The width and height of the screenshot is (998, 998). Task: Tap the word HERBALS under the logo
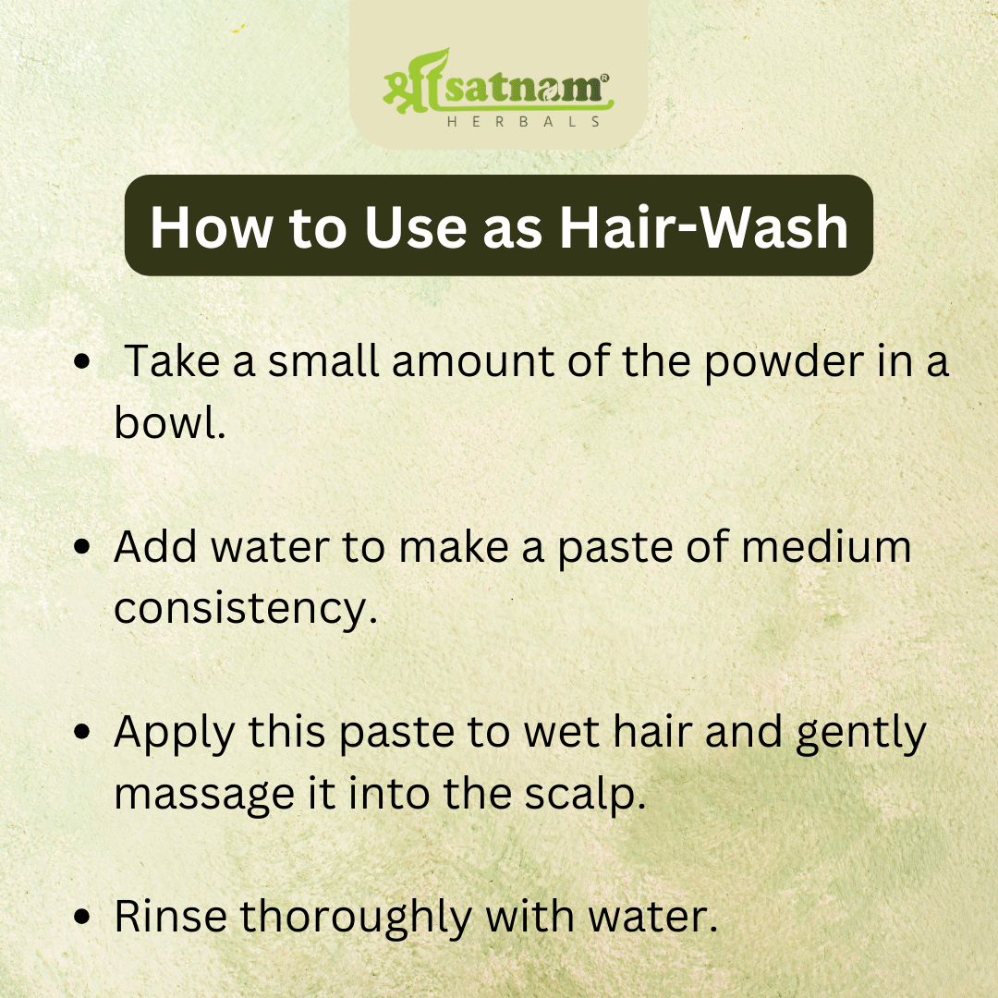point(524,122)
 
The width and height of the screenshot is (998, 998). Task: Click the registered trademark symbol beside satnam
point(604,78)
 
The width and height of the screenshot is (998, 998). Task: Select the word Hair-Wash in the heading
point(704,227)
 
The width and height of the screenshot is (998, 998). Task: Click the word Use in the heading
point(415,227)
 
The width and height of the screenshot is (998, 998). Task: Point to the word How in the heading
point(212,227)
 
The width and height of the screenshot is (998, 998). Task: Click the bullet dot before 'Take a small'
point(82,361)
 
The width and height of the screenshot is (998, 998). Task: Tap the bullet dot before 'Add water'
point(82,547)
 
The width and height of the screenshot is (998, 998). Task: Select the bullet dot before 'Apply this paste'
point(82,732)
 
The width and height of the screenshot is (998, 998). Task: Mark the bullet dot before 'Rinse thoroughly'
point(82,917)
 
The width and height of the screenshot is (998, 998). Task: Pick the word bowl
point(169,422)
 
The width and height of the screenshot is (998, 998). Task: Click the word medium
point(826,546)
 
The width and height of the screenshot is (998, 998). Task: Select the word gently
point(861,734)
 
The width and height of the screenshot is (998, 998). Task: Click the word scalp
point(585,795)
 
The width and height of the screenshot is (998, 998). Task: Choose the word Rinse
point(171,917)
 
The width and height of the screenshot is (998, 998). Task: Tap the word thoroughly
point(355,919)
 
